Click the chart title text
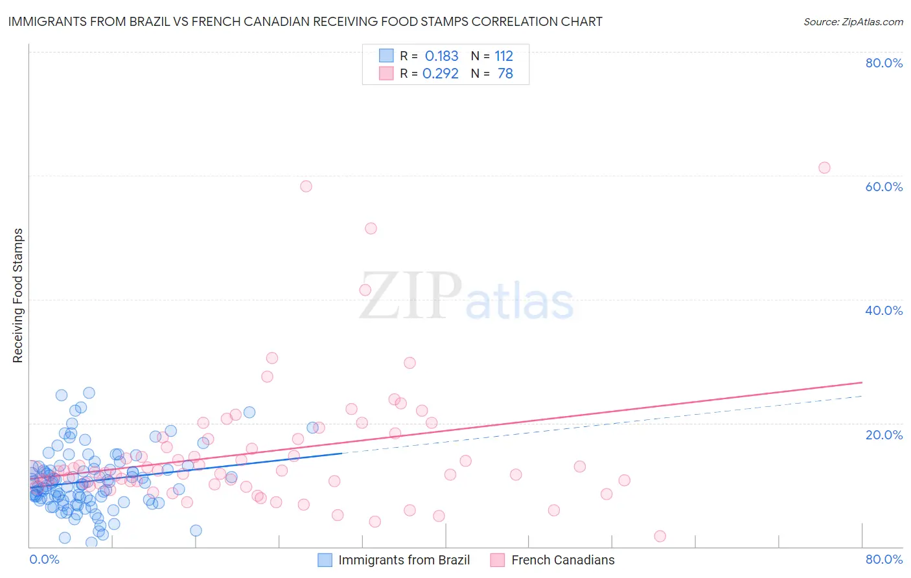click(305, 21)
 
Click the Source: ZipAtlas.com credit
click(853, 21)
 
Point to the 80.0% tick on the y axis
click(884, 63)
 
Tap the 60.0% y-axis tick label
click(884, 187)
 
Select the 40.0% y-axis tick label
click(884, 310)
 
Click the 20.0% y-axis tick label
click(884, 434)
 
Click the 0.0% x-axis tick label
click(44, 559)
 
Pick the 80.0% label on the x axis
click(884, 559)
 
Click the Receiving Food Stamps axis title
click(18, 295)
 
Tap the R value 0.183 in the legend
click(441, 56)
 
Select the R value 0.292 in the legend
click(441, 73)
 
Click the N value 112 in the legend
click(503, 56)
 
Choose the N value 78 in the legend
click(505, 73)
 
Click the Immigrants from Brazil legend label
click(404, 560)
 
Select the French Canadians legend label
click(562, 560)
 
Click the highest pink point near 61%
click(824, 168)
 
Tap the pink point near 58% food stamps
click(306, 186)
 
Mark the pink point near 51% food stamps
click(371, 228)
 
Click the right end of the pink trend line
click(862, 382)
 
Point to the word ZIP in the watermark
click(411, 295)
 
